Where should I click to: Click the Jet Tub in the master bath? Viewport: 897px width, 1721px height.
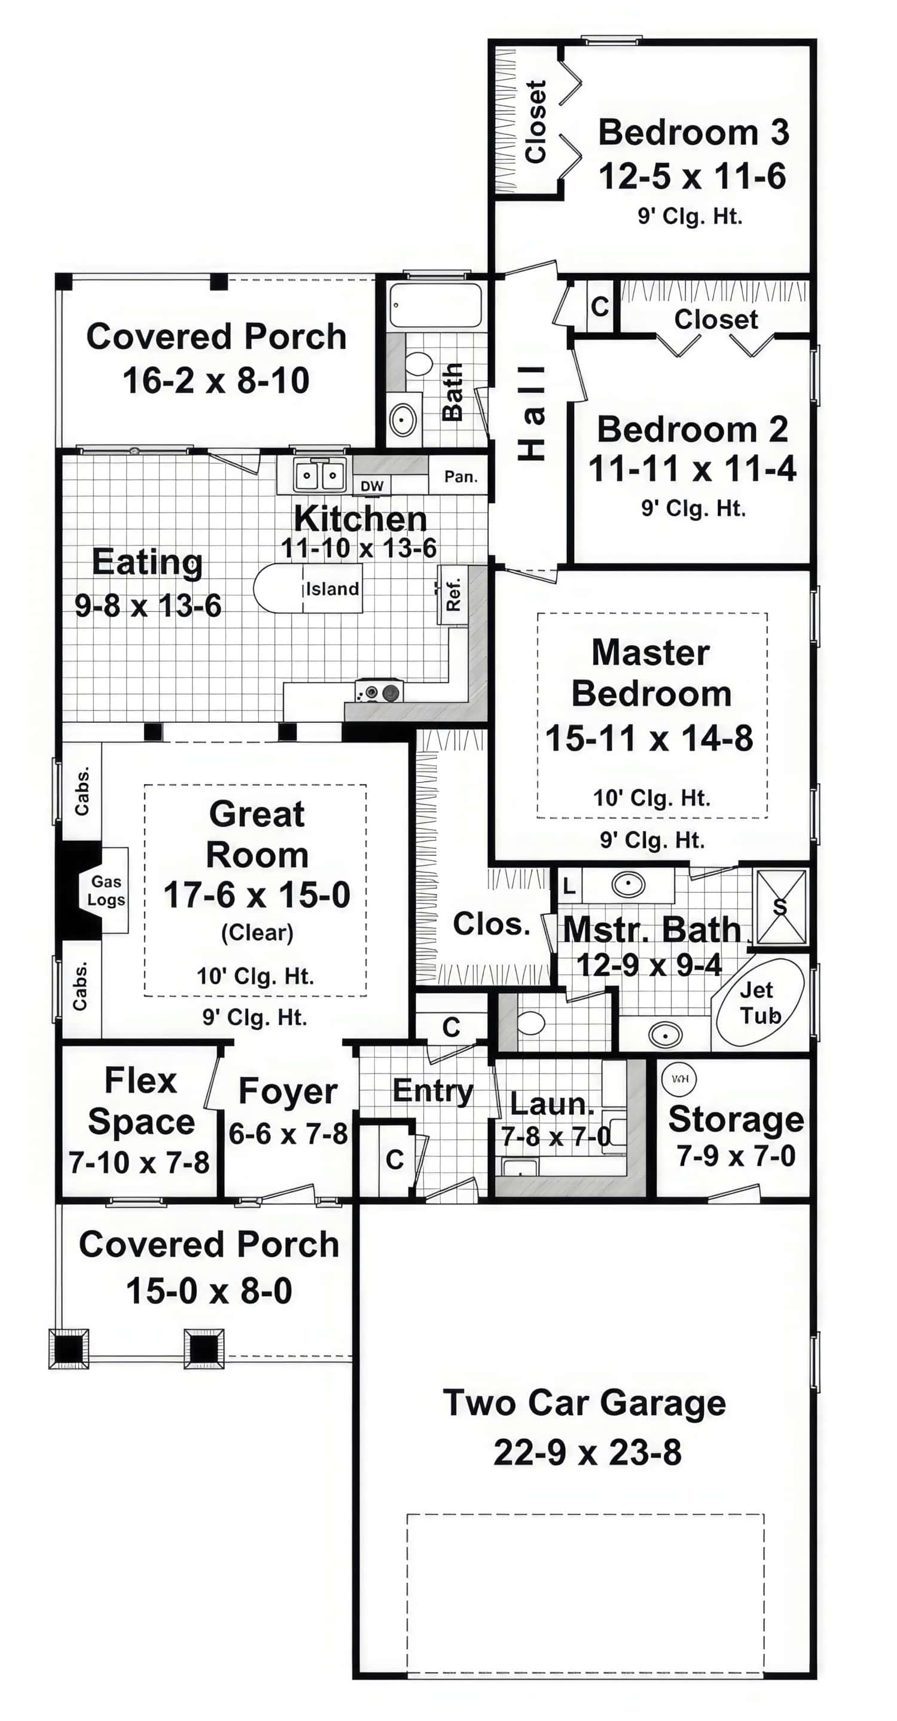coord(759,1003)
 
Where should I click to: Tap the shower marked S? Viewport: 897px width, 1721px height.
coord(780,906)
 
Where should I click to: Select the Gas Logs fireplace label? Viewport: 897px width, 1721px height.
coord(106,890)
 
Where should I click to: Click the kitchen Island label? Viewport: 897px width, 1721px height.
coord(332,589)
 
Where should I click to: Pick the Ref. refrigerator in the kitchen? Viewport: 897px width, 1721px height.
coord(453,594)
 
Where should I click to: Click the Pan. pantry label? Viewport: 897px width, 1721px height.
coord(460,476)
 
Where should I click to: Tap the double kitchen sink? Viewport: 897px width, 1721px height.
coord(319,476)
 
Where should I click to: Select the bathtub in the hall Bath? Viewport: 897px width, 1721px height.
coord(435,305)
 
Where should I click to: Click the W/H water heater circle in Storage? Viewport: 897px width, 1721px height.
coord(679,1078)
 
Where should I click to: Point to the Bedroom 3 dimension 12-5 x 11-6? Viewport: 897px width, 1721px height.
coord(692,176)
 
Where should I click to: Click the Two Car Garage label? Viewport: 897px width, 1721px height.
coord(584,1402)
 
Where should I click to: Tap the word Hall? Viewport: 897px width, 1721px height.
coord(533,413)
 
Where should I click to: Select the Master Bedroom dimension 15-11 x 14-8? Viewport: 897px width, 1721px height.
coord(649,738)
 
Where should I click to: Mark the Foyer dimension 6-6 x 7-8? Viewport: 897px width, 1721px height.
coord(288,1133)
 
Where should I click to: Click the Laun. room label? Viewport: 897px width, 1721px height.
coord(551,1104)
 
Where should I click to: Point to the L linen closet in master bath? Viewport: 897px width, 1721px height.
coord(569,886)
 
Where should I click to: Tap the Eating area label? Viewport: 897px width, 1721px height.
coord(147,561)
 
